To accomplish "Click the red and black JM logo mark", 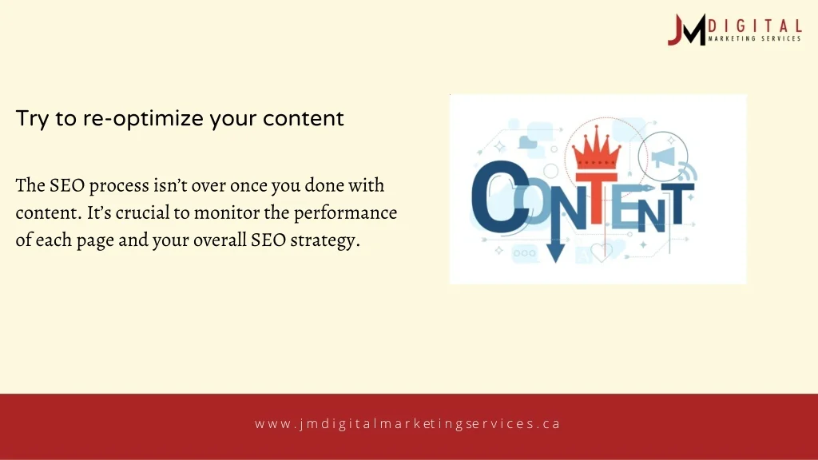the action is point(686,30).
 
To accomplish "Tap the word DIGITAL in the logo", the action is point(754,26).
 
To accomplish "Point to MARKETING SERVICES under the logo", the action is point(754,38).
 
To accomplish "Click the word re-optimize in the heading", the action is point(143,119).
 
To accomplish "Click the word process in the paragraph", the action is point(118,186).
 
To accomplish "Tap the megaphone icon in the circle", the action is point(663,156).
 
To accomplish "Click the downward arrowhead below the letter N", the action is point(556,252).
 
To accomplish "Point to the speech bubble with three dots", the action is point(525,253).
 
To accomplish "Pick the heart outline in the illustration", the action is point(601,252).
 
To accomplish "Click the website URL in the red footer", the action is point(408,423).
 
